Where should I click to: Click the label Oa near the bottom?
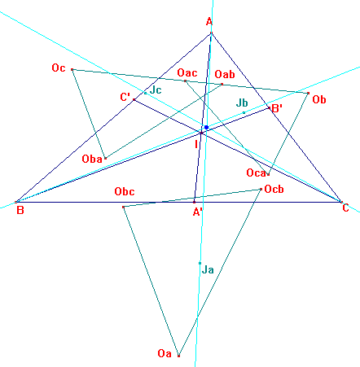(165, 353)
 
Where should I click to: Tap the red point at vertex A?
(212, 33)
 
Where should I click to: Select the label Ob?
(319, 99)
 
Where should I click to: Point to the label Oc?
(59, 68)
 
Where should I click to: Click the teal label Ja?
(208, 269)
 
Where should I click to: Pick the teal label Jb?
(242, 103)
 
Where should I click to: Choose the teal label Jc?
(156, 90)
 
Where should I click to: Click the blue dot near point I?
(207, 127)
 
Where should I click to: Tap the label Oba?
(92, 159)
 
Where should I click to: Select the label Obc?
(125, 191)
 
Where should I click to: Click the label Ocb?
(274, 189)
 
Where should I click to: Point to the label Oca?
(256, 173)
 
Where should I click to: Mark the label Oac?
(187, 72)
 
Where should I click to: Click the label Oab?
(225, 74)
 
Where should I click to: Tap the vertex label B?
(20, 210)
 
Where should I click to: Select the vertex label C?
(345, 208)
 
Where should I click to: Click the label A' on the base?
(197, 212)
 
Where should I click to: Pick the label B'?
(277, 109)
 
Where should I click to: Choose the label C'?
(125, 97)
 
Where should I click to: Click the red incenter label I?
(196, 145)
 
